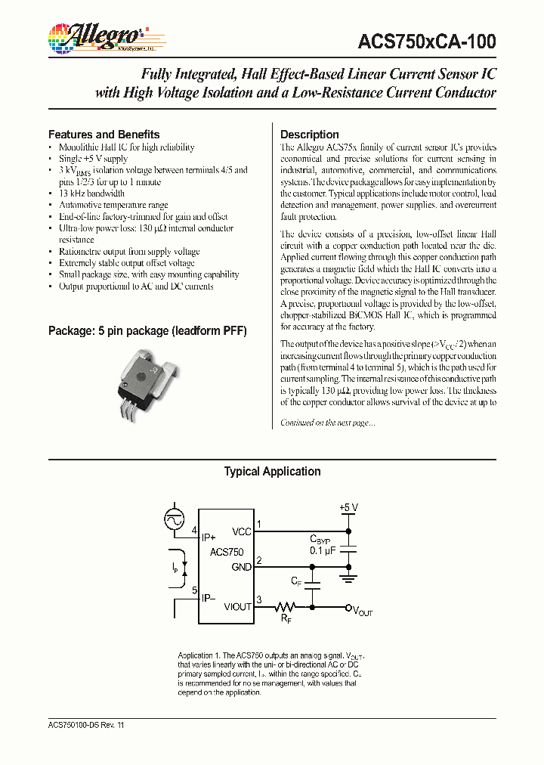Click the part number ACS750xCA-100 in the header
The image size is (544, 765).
428,42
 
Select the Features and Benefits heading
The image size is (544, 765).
104,135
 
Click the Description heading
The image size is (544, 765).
310,135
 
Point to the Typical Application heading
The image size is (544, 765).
272,472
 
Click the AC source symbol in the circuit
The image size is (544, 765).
175,519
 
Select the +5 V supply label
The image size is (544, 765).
348,507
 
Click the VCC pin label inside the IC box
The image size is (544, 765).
242,531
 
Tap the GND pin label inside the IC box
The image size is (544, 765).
241,567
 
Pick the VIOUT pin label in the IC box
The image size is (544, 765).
237,606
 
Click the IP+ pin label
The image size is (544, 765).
209,537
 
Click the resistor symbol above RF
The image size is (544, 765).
286,606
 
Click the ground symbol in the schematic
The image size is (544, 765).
348,578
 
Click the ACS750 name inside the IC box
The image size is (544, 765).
227,553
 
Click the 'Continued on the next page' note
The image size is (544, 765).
327,423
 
